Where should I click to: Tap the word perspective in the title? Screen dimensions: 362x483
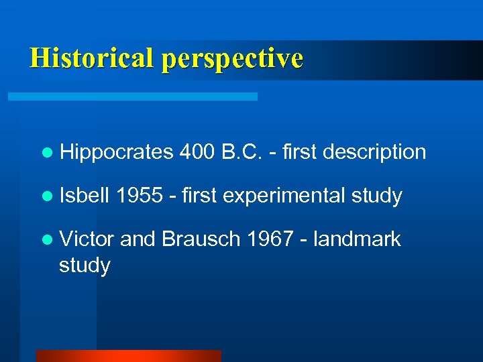point(231,59)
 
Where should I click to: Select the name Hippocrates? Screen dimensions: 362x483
point(116,153)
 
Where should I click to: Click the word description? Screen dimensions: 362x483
point(374,153)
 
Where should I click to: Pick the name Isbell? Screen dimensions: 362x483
point(85,196)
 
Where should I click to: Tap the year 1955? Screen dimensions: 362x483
point(140,196)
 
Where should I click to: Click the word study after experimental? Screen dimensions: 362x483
point(376,196)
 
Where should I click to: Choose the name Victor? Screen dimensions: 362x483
point(87,239)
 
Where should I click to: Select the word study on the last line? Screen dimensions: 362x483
point(85,266)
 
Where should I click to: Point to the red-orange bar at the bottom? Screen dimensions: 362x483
point(128,356)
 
